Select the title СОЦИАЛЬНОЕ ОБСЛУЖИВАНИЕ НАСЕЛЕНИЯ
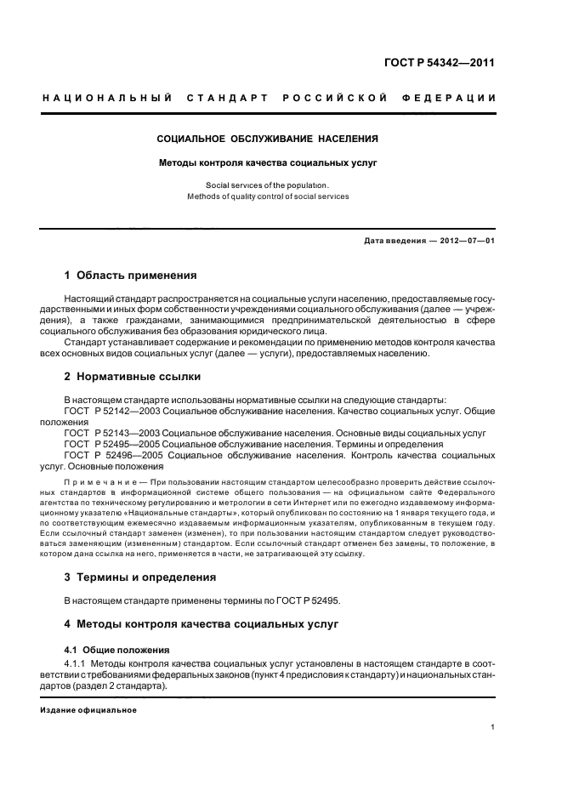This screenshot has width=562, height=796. [268, 138]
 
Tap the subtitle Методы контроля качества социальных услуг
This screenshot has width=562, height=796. [268, 161]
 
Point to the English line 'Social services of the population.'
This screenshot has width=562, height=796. [267, 185]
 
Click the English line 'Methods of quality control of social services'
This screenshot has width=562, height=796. [268, 196]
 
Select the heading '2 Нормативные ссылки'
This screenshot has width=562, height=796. [133, 376]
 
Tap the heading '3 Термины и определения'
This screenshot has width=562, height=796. [140, 577]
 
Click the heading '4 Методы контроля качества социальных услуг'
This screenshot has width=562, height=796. [202, 624]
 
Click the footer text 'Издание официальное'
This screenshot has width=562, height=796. [88, 710]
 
